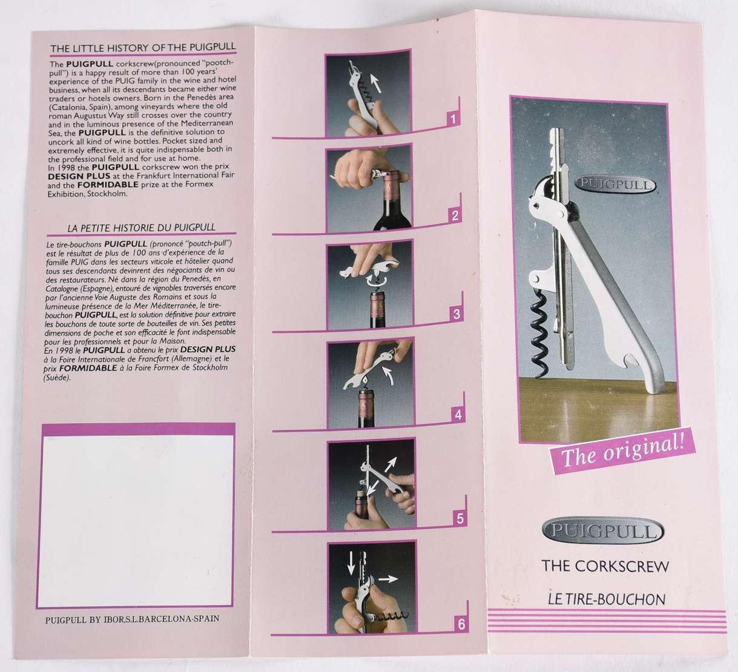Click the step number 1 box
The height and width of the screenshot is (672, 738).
pos(453,119)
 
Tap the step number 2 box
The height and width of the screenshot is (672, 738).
pos(455,216)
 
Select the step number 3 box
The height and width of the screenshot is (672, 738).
pos(456,314)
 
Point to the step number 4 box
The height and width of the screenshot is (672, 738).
pos(458,414)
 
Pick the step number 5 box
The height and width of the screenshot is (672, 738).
pos(460,519)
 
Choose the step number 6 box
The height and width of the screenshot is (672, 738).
pos(461,624)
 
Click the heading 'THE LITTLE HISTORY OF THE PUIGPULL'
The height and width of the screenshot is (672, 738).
pos(143,48)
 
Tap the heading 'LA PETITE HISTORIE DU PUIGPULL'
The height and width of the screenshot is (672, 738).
pos(141,228)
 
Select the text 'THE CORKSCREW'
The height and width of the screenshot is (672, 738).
pos(605,566)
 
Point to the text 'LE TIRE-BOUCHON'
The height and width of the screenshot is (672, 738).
pos(607,599)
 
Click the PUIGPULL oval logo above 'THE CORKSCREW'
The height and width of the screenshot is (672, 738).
pos(604,531)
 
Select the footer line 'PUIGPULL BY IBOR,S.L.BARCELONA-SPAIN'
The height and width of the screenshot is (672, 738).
pos(133,618)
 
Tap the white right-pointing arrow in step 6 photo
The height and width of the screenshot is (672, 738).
pos(387,579)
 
